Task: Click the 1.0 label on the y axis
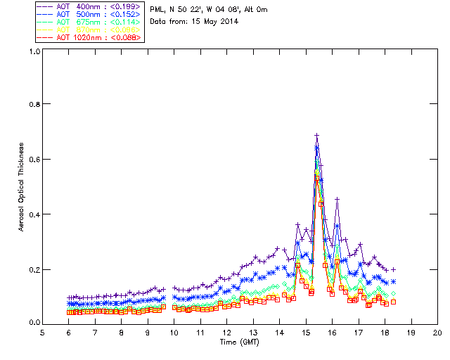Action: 32,51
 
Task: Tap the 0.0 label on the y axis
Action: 32,323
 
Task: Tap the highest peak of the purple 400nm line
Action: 316,135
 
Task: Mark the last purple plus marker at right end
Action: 393,269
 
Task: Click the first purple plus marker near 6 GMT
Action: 69,298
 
